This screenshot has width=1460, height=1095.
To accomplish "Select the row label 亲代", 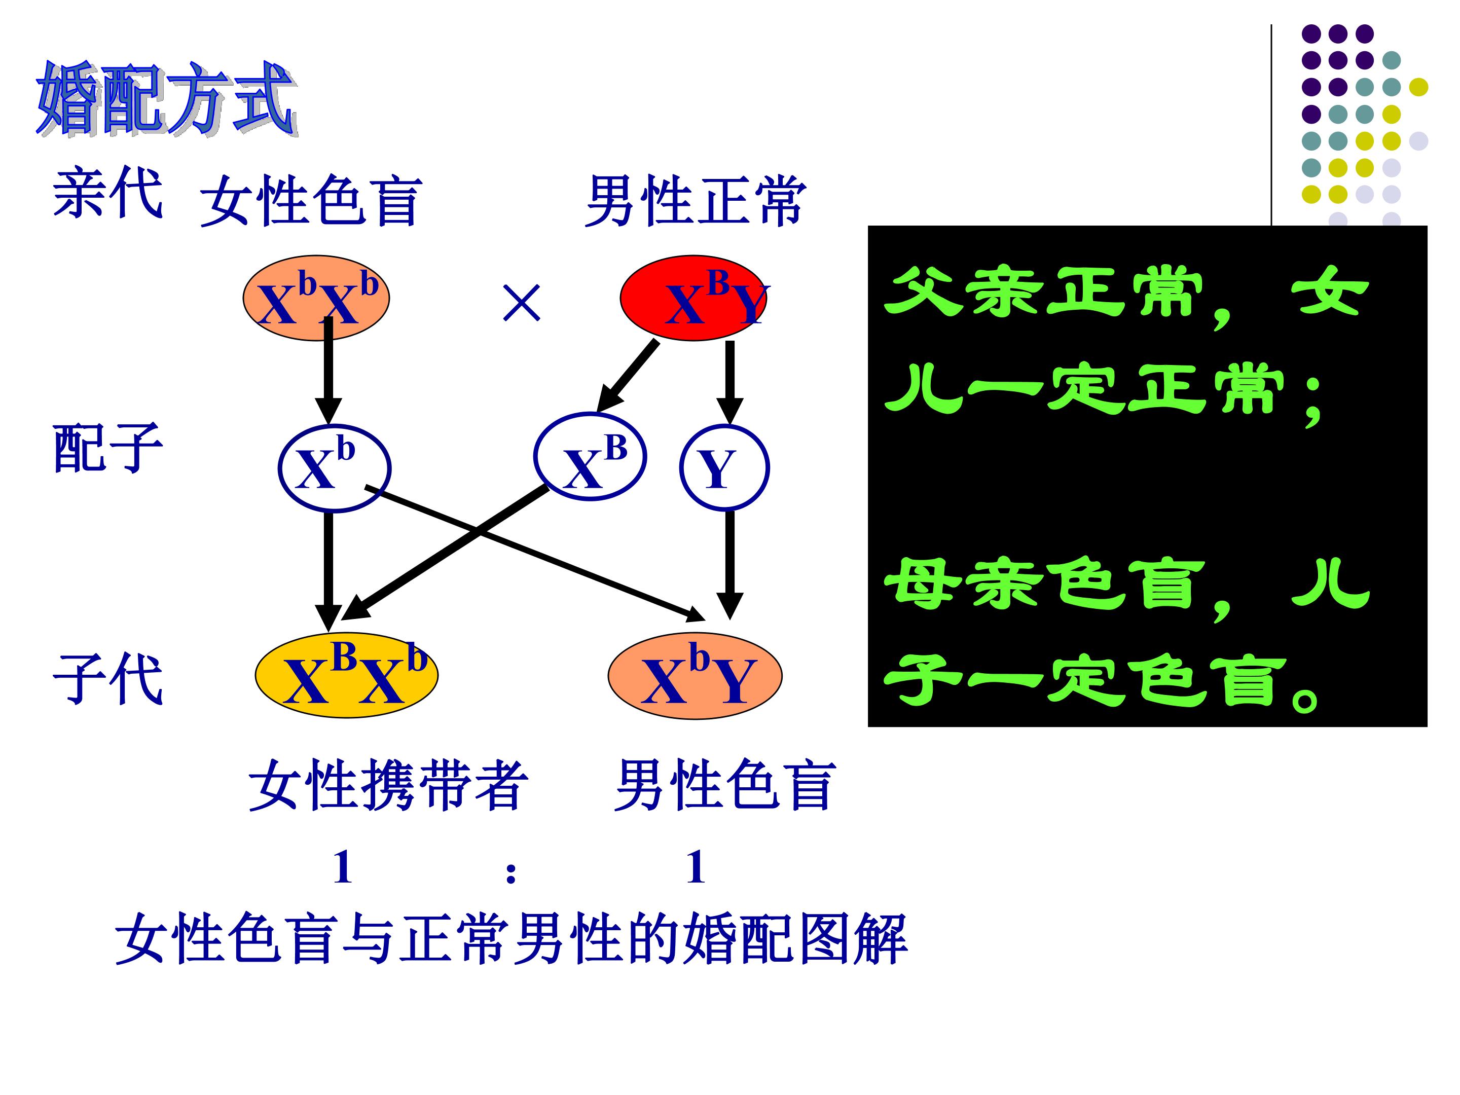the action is coord(107,193).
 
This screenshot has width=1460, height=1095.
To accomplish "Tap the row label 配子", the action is coord(107,448).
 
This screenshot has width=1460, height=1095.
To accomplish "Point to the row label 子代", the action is coord(107,680).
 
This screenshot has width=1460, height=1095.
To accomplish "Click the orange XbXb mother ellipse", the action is coord(316,298).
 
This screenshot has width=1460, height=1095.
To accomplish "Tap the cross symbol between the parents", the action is coord(522,303).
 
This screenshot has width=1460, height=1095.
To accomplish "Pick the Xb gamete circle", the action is coord(335,468).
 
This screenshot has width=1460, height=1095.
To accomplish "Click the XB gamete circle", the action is coord(590,457).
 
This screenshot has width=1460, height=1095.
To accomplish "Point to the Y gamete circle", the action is coord(724,467).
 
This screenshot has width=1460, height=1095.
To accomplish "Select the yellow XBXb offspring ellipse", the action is coord(347,675).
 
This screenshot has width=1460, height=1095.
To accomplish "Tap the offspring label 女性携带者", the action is coord(388,785).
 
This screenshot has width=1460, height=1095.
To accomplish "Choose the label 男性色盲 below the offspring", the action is coord(725,785).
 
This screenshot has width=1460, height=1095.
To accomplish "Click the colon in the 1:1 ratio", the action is coord(511,872).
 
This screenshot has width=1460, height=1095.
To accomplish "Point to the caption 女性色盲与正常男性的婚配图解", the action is coord(512,939).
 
